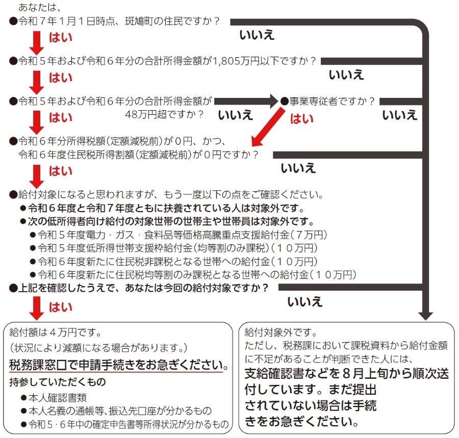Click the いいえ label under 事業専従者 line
click(x=400, y=115)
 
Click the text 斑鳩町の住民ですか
click(x=169, y=21)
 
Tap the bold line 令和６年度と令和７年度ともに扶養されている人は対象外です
click(x=166, y=208)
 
